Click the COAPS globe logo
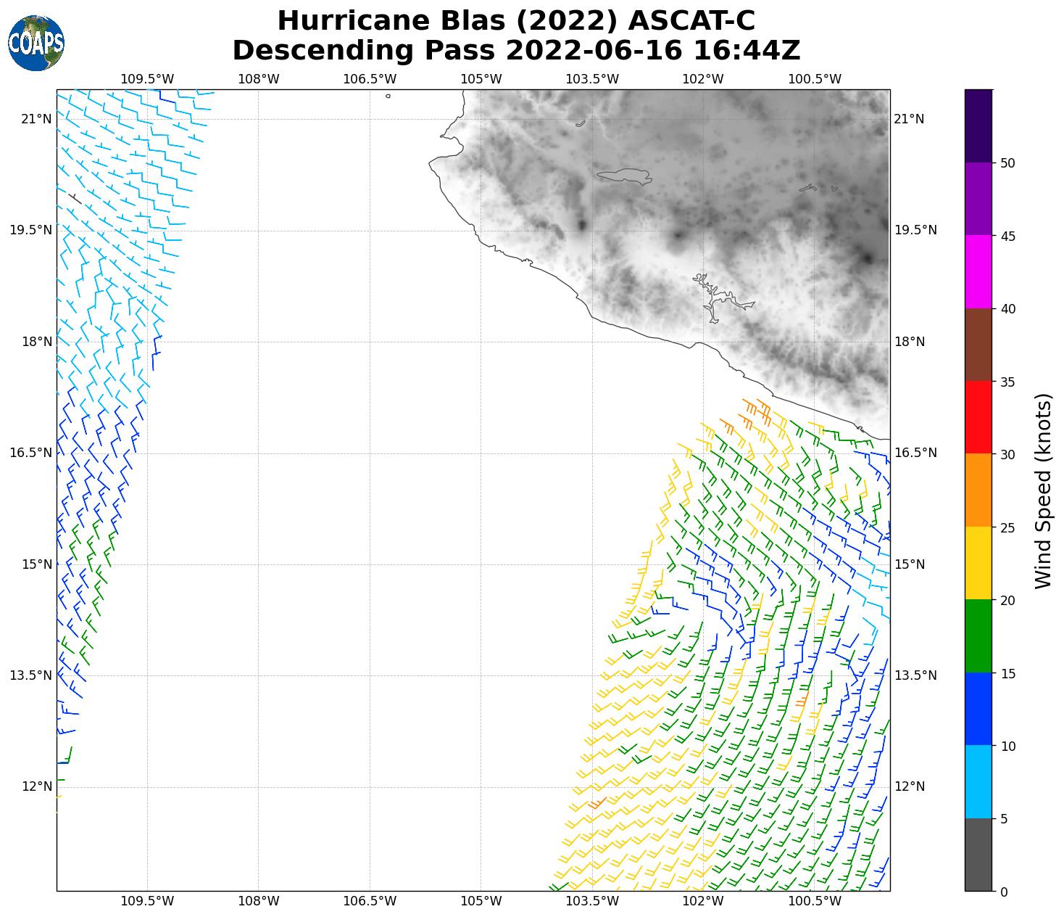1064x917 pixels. coord(36,43)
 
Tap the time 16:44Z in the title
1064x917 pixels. coord(747,51)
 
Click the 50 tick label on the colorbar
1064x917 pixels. coord(1007,163)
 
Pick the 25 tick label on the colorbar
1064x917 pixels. coord(1007,527)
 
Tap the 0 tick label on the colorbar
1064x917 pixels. coord(1003,892)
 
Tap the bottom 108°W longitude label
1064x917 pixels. coord(259,902)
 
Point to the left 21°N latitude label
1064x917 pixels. coord(36,119)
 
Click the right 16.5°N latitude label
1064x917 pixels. coord(915,453)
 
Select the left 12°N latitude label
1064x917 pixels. coord(36,786)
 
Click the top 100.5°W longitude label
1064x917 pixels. coord(815,79)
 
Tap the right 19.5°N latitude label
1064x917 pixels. coord(915,230)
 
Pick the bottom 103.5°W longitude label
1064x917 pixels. coord(592,902)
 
